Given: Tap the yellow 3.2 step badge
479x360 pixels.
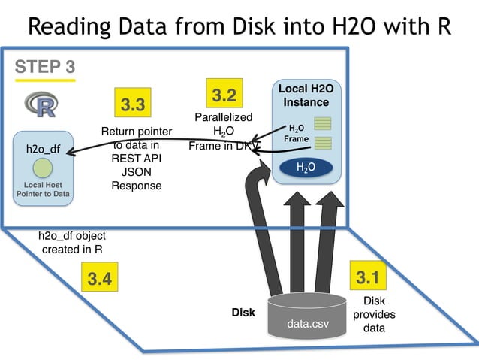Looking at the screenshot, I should click(x=224, y=95).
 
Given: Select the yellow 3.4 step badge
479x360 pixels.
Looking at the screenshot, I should click(x=100, y=279).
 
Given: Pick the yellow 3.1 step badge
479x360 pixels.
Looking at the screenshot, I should click(x=367, y=277).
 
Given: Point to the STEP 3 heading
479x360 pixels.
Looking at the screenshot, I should click(x=45, y=68).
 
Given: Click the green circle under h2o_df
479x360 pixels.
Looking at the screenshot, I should click(x=43, y=167).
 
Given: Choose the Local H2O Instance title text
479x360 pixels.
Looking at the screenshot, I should click(x=306, y=95).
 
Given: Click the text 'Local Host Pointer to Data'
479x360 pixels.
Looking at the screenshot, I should click(x=43, y=189).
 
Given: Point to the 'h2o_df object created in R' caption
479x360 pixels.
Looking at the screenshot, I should click(x=73, y=242).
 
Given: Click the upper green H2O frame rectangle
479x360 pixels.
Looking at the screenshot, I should click(x=323, y=123).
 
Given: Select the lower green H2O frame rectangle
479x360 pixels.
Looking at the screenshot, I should click(x=323, y=142).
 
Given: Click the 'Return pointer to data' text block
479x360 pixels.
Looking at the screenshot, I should click(x=137, y=159).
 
